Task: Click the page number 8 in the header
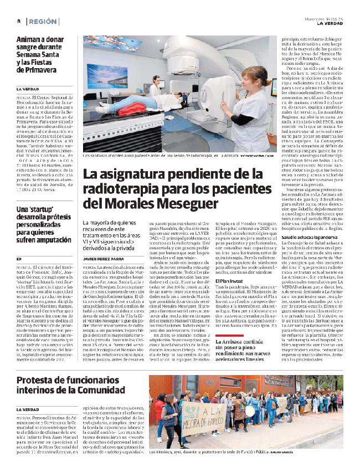[18, 20]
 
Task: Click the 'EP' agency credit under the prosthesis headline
[19, 259]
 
